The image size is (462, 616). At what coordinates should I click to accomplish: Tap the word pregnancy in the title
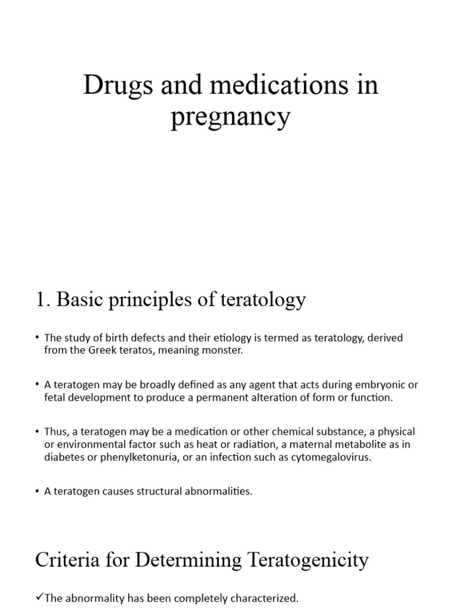point(230,118)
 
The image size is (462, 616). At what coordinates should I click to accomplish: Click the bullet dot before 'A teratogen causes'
point(38,491)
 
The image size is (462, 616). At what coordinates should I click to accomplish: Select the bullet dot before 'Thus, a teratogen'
point(38,432)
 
